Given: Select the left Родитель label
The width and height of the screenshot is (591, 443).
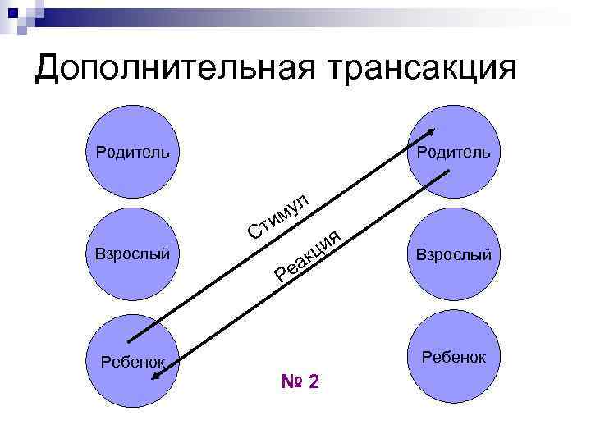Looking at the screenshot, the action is pyautogui.click(x=133, y=152).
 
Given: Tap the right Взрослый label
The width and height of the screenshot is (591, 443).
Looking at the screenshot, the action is pyautogui.click(x=453, y=255).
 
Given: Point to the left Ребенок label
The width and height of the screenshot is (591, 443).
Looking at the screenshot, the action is pyautogui.click(x=132, y=360).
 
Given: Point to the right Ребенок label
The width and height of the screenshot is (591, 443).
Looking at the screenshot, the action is pyautogui.click(x=454, y=358).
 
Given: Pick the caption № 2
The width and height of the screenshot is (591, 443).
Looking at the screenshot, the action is pyautogui.click(x=300, y=382).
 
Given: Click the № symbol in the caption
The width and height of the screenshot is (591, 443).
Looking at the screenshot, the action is pyautogui.click(x=291, y=382).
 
